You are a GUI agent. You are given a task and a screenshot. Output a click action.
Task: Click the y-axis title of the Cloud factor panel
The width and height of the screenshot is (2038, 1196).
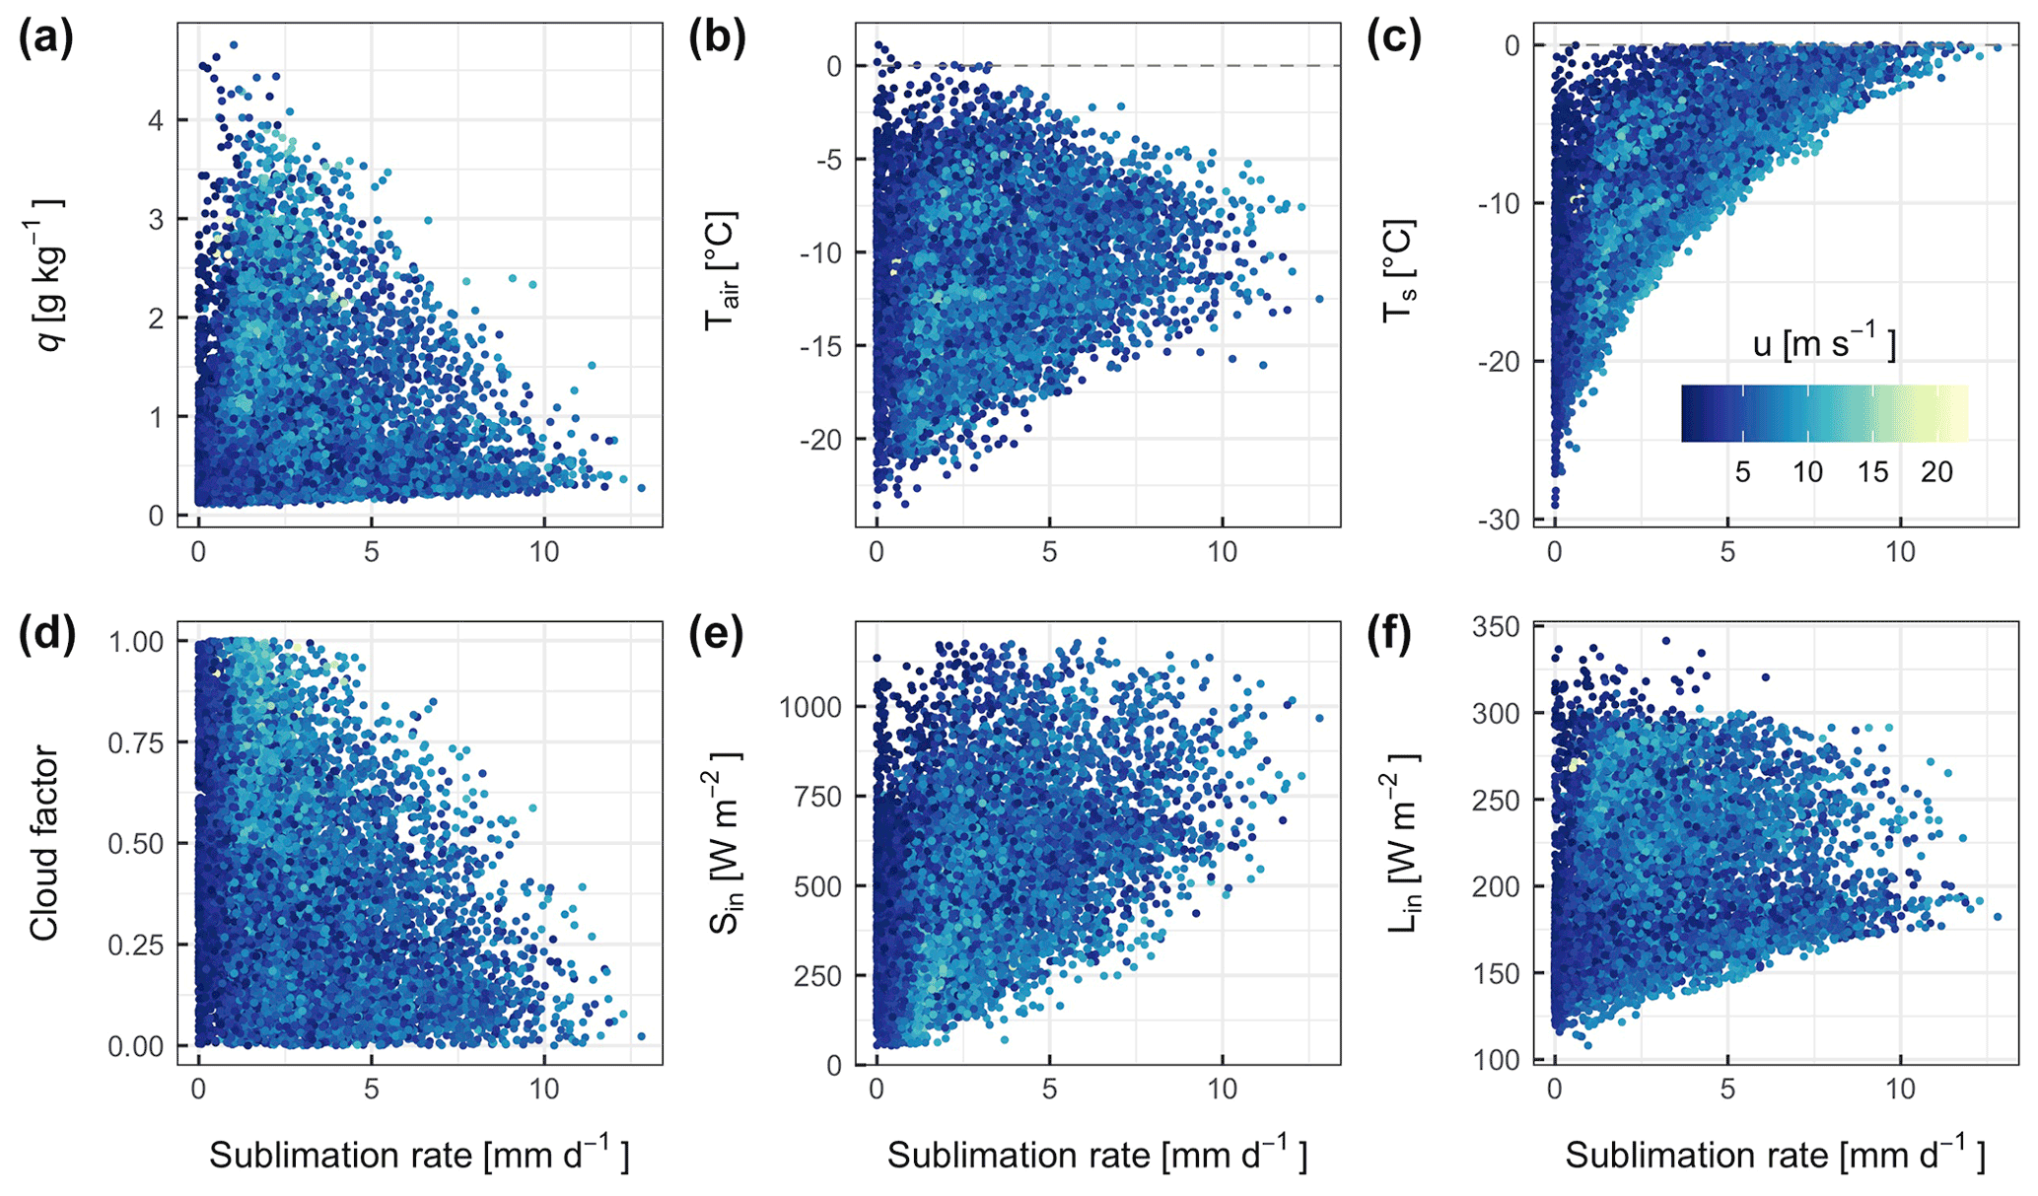click(44, 843)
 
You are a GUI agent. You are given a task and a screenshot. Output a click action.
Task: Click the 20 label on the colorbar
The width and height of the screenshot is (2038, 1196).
click(1936, 472)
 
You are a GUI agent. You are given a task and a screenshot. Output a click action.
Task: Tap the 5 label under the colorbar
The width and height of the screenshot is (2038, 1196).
click(1742, 472)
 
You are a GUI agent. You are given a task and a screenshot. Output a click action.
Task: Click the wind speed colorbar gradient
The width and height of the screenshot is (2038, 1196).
click(1824, 413)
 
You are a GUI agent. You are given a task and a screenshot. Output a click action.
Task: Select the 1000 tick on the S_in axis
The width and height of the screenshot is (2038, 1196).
click(809, 707)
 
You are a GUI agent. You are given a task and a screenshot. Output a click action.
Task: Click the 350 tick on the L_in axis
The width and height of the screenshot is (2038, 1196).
click(1497, 626)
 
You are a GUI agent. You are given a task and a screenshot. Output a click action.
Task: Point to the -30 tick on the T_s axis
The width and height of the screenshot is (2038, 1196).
click(1499, 520)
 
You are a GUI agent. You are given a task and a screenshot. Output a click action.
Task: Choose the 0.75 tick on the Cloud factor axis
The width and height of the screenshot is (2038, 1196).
click(134, 742)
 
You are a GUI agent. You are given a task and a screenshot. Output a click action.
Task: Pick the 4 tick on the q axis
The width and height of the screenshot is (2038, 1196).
click(156, 120)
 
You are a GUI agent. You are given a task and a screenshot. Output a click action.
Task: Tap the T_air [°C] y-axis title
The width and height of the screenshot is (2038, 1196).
click(723, 270)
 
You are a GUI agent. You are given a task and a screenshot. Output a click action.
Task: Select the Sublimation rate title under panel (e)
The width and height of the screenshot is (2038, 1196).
click(1096, 1155)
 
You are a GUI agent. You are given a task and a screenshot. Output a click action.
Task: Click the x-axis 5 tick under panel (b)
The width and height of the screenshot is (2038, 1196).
click(1049, 552)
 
